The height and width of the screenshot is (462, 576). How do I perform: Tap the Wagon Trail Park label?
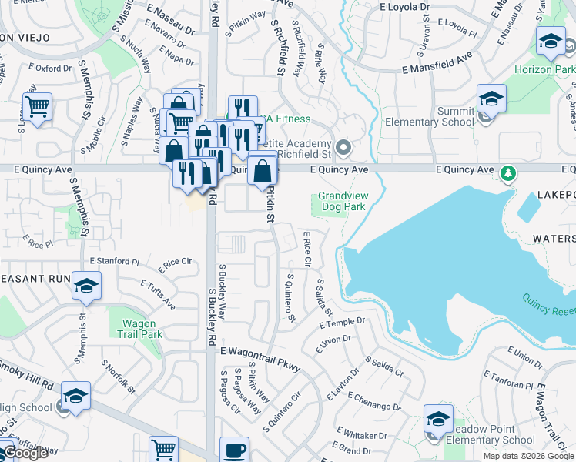(140, 329)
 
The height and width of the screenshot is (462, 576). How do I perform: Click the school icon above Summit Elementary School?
(491, 99)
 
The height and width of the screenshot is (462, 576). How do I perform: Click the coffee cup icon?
(234, 450)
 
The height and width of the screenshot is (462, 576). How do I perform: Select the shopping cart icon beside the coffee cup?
(163, 450)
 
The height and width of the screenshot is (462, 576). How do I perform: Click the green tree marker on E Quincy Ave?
(507, 173)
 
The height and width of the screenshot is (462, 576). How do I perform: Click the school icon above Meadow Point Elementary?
(438, 418)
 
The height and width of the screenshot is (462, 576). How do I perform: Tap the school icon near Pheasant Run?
(86, 286)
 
